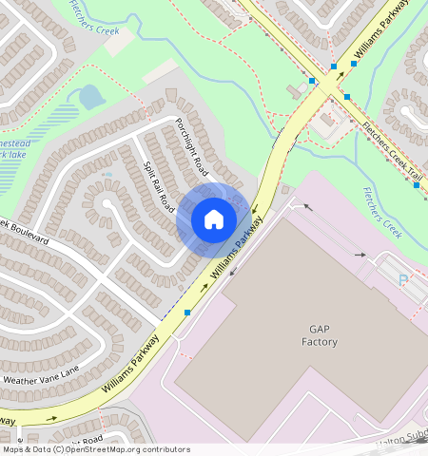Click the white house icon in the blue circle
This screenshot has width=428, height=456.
pyautogui.click(x=214, y=219)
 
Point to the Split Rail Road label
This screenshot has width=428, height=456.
pyautogui.click(x=159, y=186)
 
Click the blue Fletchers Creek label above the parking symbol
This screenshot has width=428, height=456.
pyautogui.click(x=383, y=211)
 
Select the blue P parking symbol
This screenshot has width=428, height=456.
pyautogui.click(x=402, y=280)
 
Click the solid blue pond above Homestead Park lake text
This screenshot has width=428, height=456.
pyautogui.click(x=90, y=97)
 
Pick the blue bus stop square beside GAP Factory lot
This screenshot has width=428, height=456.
pyautogui.click(x=187, y=312)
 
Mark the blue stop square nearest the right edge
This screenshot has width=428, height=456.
pyautogui.click(x=417, y=185)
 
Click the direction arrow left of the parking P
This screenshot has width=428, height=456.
pyautogui.click(x=360, y=255)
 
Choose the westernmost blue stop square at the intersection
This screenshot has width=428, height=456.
pyautogui.click(x=312, y=82)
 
